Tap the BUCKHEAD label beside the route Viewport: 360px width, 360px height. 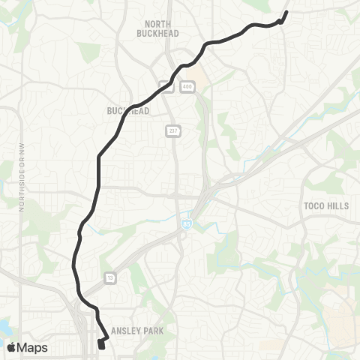pyautogui.click(x=128, y=111)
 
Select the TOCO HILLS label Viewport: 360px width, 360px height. pyautogui.click(x=326, y=205)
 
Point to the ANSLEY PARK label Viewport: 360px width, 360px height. pyautogui.click(x=136, y=329)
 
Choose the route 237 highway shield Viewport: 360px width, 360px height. pyautogui.click(x=172, y=130)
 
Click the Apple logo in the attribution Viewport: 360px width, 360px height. pyautogui.click(x=11, y=347)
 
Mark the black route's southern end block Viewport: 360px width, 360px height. pyautogui.click(x=101, y=344)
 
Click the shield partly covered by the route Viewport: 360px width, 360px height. pyautogui.click(x=169, y=86)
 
